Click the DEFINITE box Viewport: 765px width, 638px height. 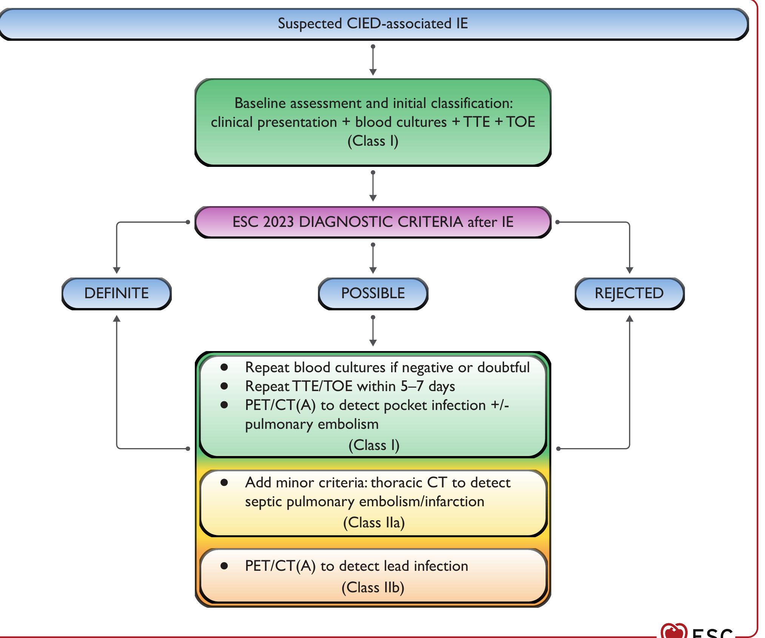tap(116, 293)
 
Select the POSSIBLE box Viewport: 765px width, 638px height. tap(373, 293)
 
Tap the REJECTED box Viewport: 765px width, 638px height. tap(629, 293)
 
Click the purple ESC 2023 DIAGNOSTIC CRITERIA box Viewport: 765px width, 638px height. tap(373, 222)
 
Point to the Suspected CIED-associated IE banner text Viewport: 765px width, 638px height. tap(373, 24)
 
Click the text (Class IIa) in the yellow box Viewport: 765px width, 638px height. tap(374, 522)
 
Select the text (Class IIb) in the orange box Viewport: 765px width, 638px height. tap(373, 587)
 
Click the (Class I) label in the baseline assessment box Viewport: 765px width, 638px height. tap(373, 141)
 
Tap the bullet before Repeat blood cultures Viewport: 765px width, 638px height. tap(224, 367)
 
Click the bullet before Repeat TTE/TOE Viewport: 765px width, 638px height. tap(224, 386)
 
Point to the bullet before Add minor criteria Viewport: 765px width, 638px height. tap(224, 482)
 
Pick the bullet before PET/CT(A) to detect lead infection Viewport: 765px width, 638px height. tap(224, 566)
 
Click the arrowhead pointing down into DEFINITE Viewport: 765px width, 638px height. tap(117, 270)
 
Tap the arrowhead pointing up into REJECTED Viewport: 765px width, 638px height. tap(629, 319)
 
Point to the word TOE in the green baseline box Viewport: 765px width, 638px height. tap(520, 122)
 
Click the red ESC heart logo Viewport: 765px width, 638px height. tap(674, 631)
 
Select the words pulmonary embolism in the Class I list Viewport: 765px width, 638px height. tap(312, 424)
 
